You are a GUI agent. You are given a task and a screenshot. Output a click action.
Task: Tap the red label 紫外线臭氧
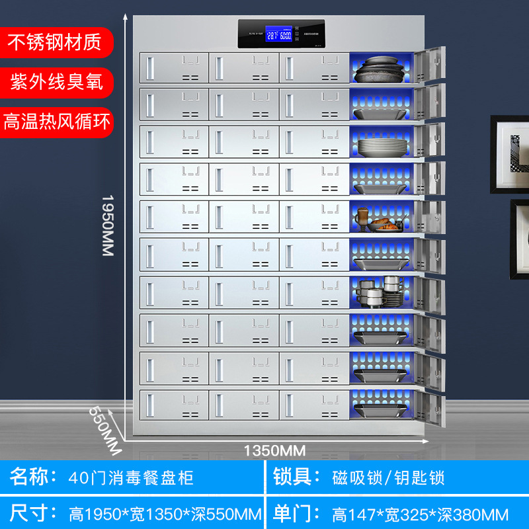coord(56,82)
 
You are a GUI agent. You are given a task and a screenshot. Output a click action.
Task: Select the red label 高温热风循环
coord(57,122)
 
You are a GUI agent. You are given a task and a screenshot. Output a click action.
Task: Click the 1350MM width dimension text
coord(275,451)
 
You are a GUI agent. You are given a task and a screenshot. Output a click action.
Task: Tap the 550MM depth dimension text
coord(106,429)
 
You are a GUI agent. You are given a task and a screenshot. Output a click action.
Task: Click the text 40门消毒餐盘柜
coord(131,477)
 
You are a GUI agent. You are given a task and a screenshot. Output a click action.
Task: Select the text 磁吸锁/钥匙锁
coord(388,477)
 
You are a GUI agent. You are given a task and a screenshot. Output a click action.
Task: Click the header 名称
coord(31,477)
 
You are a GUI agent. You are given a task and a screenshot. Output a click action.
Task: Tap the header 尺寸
coord(31,513)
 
